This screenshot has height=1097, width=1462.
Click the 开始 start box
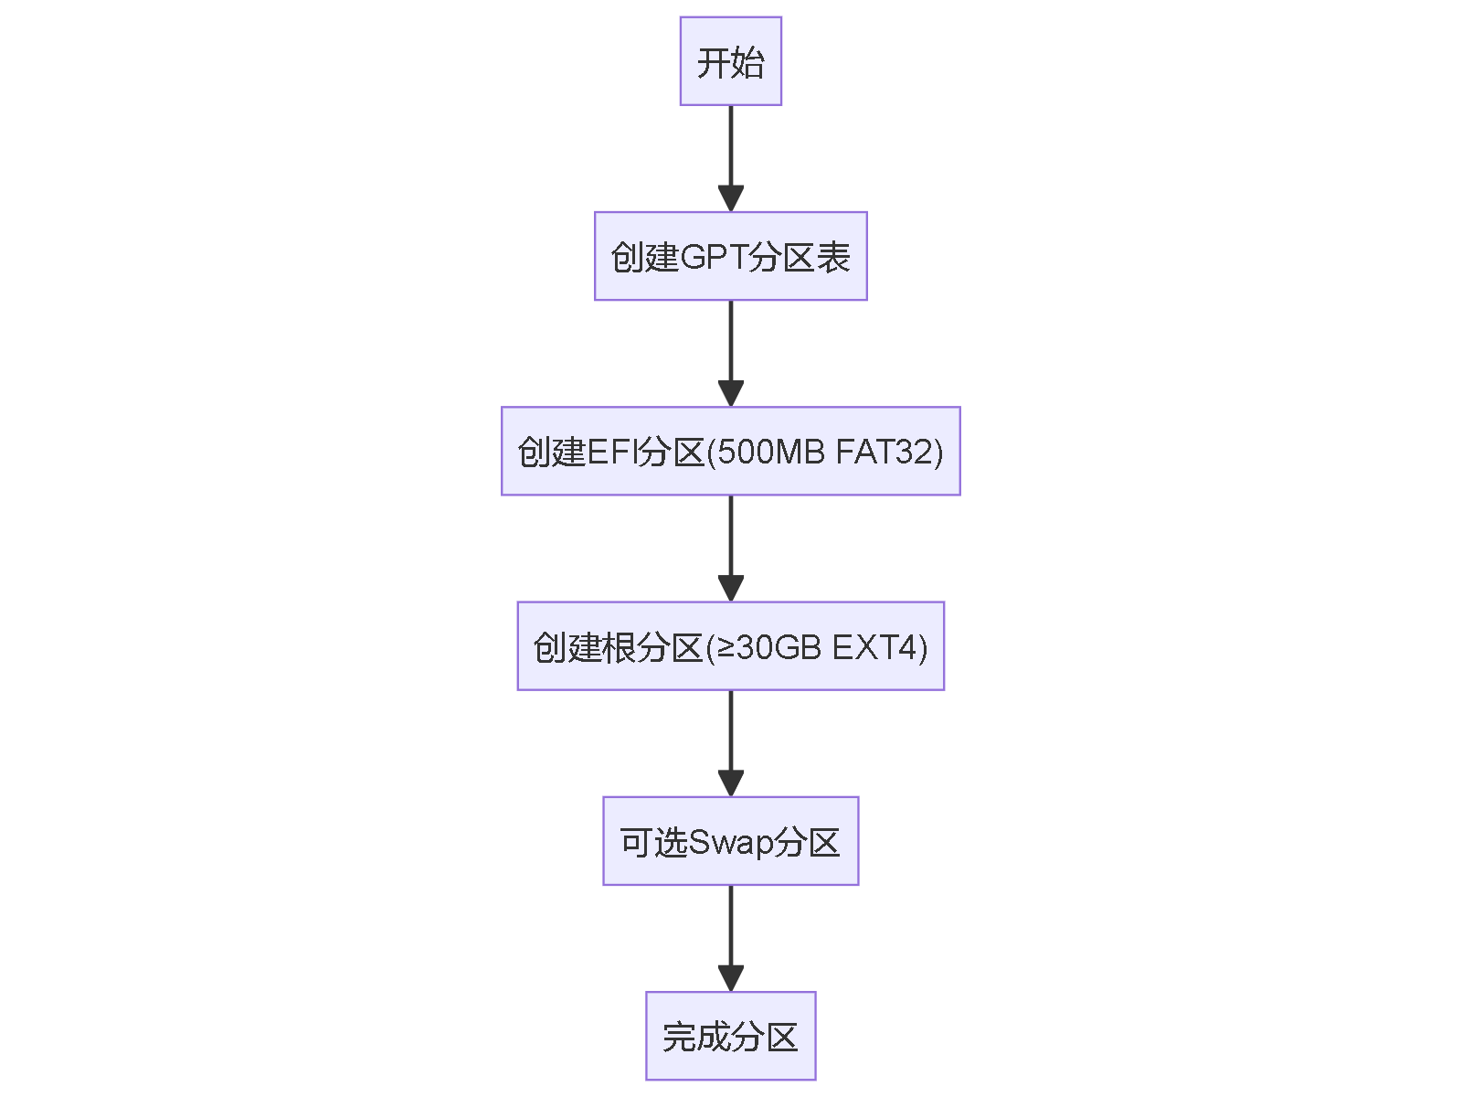[730, 61]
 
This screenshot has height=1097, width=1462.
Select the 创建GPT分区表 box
[730, 256]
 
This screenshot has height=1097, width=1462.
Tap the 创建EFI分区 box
[730, 451]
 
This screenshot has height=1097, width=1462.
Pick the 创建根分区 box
[730, 646]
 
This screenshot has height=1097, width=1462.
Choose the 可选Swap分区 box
[730, 841]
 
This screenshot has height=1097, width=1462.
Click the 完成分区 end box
[730, 1036]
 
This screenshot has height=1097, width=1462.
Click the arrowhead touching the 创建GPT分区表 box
[730, 198]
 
